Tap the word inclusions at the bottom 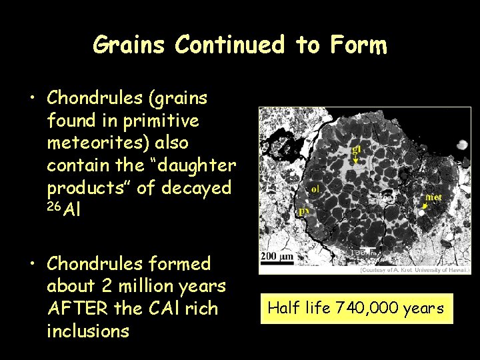point(88,330)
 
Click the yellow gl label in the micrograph point(357,149)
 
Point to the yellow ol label point(315,189)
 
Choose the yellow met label point(434,197)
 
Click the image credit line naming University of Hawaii point(415,269)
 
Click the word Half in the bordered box point(282,308)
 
